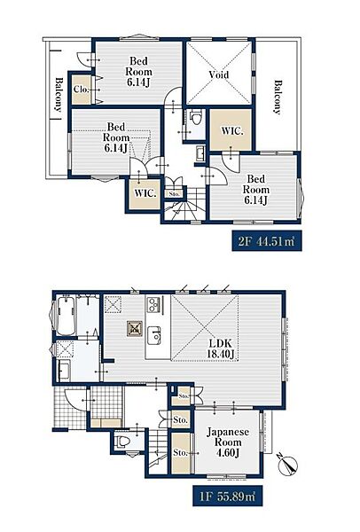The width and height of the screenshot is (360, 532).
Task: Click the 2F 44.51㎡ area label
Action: tap(267, 241)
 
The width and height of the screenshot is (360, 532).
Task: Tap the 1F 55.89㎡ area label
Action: tap(227, 497)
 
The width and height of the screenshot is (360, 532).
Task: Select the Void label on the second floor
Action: tap(219, 74)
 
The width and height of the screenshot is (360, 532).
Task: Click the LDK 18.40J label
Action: tap(221, 348)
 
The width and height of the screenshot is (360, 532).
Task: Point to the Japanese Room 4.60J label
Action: tap(228, 442)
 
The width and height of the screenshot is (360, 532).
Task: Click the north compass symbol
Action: tap(287, 465)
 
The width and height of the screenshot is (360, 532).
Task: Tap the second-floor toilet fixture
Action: tap(195, 118)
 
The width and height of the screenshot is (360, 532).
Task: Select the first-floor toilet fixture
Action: tap(122, 442)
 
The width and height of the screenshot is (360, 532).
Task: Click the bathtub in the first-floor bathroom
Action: tap(66, 317)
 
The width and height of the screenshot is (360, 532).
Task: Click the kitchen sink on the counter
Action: tap(154, 335)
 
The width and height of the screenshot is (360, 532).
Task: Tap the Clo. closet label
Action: tap(81, 90)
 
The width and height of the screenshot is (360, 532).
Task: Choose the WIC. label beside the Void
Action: tap(232, 131)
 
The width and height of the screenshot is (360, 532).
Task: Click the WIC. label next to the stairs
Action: tap(145, 193)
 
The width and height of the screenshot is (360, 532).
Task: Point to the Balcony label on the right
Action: tap(278, 97)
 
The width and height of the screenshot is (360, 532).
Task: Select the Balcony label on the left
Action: tap(59, 95)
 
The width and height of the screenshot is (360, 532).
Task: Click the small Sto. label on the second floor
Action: tap(174, 194)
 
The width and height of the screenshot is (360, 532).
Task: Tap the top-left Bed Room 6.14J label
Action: tap(139, 72)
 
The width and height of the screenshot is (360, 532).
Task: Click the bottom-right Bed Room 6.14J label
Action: tap(256, 190)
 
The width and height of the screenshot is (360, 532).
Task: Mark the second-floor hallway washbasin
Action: tap(200, 154)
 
